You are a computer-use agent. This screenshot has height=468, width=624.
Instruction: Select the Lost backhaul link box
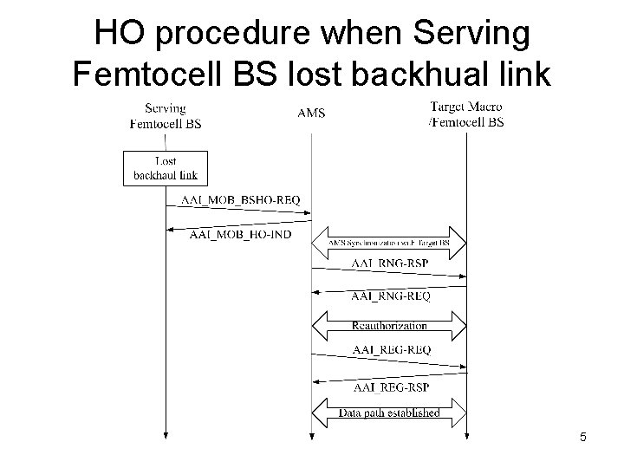tap(165, 167)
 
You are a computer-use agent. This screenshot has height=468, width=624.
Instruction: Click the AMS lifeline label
tap(311, 113)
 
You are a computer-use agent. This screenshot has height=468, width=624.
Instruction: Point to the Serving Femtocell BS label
tap(165, 115)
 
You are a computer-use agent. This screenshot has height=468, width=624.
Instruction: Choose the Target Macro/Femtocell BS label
tap(465, 114)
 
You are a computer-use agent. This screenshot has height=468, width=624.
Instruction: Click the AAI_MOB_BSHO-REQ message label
tap(240, 200)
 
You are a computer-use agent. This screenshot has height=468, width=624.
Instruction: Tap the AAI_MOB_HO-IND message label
tap(240, 235)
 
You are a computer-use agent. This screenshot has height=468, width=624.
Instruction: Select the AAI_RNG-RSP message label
tap(389, 262)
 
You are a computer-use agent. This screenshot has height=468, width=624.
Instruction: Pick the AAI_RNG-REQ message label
tap(389, 296)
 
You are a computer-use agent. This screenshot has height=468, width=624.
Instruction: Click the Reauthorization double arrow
tap(389, 325)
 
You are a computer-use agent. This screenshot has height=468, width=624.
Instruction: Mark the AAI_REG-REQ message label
tap(389, 349)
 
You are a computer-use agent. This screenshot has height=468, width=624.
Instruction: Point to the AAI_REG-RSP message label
tap(389, 386)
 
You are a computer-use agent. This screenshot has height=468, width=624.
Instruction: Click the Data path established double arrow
tap(389, 412)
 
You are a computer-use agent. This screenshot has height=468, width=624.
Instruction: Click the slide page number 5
tap(583, 438)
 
